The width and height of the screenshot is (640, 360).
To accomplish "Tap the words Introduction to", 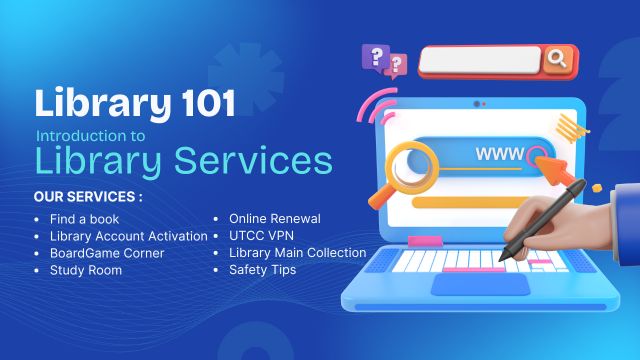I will click(90, 135).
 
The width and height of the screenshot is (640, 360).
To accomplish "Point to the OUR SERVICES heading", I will click(87, 197).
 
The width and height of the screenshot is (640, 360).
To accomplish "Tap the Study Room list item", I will click(86, 270).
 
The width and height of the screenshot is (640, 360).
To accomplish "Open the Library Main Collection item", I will click(297, 253).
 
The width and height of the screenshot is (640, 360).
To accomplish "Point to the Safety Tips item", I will click(262, 270).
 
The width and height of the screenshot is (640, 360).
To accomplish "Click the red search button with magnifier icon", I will click(557, 60).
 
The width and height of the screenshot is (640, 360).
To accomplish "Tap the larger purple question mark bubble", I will click(377, 55).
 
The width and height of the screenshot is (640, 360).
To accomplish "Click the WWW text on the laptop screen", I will click(497, 155).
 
